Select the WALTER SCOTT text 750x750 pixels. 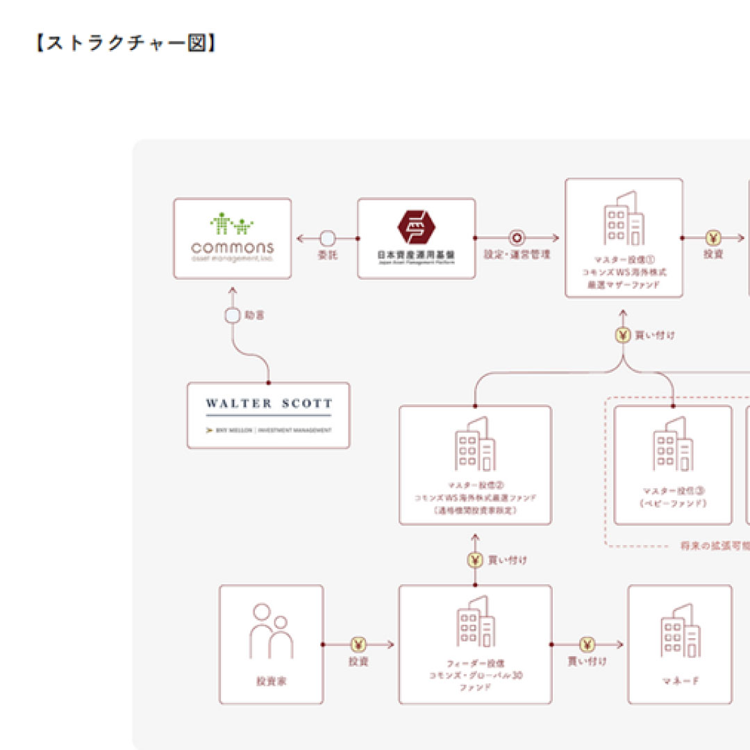point(269,403)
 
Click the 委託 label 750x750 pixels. point(327,254)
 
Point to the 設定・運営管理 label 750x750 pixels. point(517,254)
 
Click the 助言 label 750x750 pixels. point(254,315)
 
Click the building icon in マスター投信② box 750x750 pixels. point(475,444)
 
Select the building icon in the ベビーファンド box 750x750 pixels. point(673,444)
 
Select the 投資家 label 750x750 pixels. point(271,681)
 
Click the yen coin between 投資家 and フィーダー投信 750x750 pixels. point(359,644)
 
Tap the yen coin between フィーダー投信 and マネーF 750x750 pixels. point(587,644)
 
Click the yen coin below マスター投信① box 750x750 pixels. point(623,335)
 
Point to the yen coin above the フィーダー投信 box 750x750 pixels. point(476,560)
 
